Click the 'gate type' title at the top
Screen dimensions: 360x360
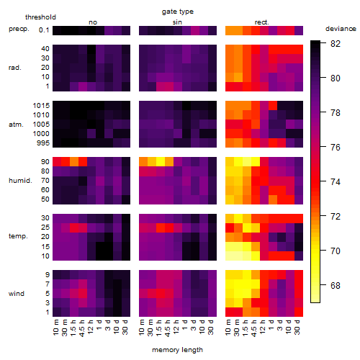(x=178, y=12)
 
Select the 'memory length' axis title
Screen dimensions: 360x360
(x=177, y=350)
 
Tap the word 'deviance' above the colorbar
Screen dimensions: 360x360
(x=341, y=29)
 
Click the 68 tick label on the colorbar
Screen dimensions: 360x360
(x=336, y=286)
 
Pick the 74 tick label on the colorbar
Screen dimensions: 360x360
(x=336, y=182)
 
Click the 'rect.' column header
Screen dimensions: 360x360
(x=262, y=22)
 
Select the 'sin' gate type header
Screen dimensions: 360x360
(x=177, y=22)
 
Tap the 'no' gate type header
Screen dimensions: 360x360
(x=93, y=22)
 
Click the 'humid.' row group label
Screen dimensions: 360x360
(x=20, y=181)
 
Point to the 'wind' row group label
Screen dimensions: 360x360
(x=17, y=294)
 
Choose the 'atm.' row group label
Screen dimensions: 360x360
(x=16, y=125)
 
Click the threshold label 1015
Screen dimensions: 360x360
(x=41, y=106)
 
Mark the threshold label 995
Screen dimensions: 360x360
(x=43, y=143)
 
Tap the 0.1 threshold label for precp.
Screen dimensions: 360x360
(x=44, y=30)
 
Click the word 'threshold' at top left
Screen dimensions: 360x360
(x=40, y=17)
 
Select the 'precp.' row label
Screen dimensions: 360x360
(x=19, y=29)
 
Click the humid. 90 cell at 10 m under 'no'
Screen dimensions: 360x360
(x=57, y=162)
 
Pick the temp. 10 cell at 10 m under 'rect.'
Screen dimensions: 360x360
(x=230, y=256)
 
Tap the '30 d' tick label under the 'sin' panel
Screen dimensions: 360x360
(x=211, y=328)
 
